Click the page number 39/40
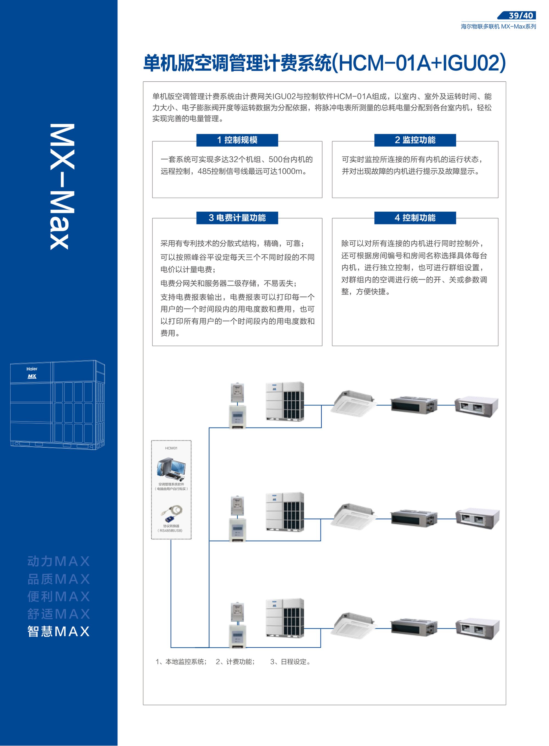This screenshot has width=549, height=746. [x=521, y=15]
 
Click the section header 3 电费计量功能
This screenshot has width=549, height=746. [x=237, y=218]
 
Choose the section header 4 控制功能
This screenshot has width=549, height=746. [x=415, y=218]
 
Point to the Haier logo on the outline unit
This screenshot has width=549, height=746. [x=32, y=369]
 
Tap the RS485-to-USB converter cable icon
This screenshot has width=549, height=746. [x=172, y=514]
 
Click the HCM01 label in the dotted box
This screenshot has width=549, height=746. [x=171, y=448]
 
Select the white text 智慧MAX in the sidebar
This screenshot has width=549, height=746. [x=58, y=631]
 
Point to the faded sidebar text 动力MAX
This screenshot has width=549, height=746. [x=58, y=561]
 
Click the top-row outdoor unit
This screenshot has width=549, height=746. [x=285, y=401]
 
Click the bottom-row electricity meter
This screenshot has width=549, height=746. [x=237, y=611]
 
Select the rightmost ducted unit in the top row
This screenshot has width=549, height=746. [x=477, y=406]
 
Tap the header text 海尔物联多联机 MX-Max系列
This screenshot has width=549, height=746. [x=498, y=26]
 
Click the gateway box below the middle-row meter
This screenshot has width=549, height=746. [x=237, y=530]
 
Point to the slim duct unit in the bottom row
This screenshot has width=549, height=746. [x=414, y=626]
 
